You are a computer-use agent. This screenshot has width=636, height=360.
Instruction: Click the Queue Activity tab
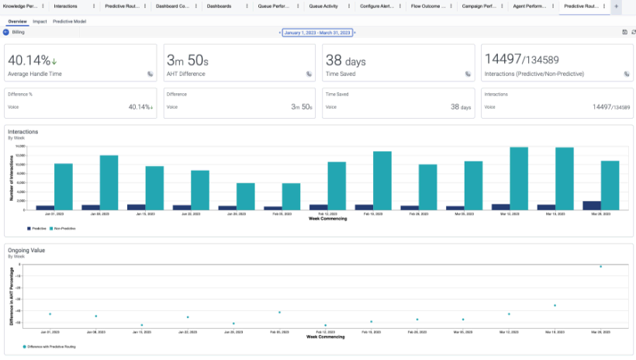click(323, 5)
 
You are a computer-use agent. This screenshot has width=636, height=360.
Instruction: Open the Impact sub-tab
click(40, 21)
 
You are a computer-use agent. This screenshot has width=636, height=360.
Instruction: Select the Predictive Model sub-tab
click(69, 21)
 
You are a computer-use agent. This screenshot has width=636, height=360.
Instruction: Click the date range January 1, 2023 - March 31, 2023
click(317, 33)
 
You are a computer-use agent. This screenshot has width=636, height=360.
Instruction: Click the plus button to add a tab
click(617, 5)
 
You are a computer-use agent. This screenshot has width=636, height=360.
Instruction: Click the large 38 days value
click(345, 60)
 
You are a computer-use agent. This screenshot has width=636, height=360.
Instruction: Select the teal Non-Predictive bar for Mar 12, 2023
click(519, 178)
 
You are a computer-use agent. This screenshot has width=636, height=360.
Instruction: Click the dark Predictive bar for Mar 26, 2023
click(592, 206)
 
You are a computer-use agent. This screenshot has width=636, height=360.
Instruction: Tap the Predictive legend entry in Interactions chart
click(38, 229)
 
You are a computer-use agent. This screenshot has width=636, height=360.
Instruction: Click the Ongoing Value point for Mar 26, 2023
click(600, 266)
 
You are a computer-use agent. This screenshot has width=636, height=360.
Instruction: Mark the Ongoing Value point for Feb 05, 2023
click(279, 312)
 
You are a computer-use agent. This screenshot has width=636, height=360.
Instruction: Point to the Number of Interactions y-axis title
click(12, 178)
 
